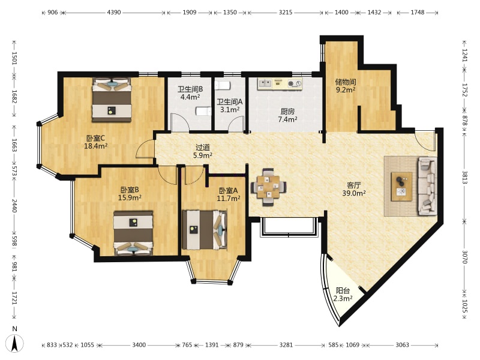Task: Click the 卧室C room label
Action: point(95,139)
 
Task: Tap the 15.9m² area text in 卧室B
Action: point(130,198)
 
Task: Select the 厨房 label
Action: point(287,112)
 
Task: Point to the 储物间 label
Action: point(346,82)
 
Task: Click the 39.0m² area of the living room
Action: point(354,193)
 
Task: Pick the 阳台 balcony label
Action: point(343,290)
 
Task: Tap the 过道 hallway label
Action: point(202,148)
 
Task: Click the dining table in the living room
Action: point(268,187)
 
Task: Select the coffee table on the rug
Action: point(401,187)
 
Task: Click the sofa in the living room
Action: point(428,185)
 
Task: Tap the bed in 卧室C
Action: point(112,100)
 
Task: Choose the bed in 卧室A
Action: point(205,230)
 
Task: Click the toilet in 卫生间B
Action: point(203,111)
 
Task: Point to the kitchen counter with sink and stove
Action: point(280,83)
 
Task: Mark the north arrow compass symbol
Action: point(17,343)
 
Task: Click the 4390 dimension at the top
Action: point(114,13)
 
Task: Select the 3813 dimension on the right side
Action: point(464,178)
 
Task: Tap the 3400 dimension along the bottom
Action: point(139,345)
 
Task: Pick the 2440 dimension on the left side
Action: point(14,205)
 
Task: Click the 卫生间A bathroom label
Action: point(230,101)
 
